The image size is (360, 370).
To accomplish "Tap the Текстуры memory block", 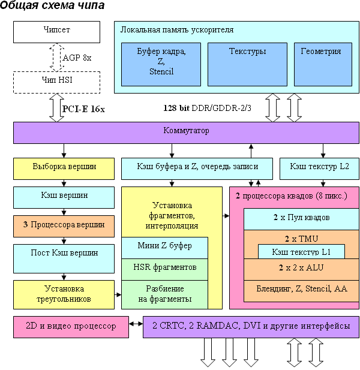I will (x=247, y=64).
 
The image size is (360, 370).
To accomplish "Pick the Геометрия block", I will (x=321, y=64).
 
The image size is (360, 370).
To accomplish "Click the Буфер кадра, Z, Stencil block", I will (x=161, y=64).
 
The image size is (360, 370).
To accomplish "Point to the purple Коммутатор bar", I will (x=186, y=132).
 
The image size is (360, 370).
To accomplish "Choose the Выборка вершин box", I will (x=64, y=168).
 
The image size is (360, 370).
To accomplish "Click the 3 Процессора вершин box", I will (x=64, y=225).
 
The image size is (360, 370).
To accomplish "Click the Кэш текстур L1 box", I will (x=302, y=251).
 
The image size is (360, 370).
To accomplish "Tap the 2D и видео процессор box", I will (x=71, y=327).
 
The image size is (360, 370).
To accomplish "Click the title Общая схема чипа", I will (x=53, y=6).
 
